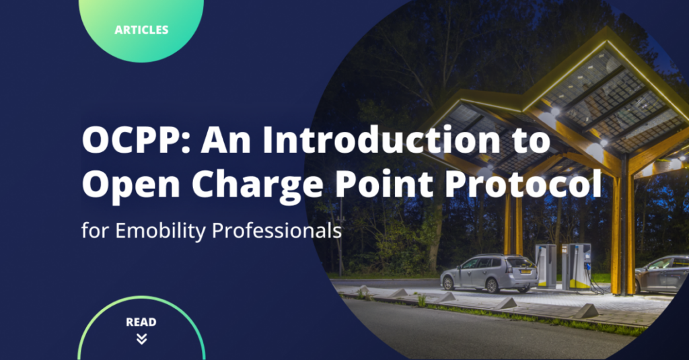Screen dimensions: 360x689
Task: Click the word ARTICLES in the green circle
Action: point(141,30)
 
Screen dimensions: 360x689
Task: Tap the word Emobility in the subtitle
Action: point(159,230)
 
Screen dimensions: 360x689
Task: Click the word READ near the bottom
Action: point(141,322)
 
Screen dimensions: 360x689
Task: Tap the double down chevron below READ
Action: point(141,338)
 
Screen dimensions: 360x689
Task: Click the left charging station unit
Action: point(546,265)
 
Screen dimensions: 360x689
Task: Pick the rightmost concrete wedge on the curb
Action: point(587,310)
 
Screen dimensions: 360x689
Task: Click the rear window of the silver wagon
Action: point(519,262)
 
